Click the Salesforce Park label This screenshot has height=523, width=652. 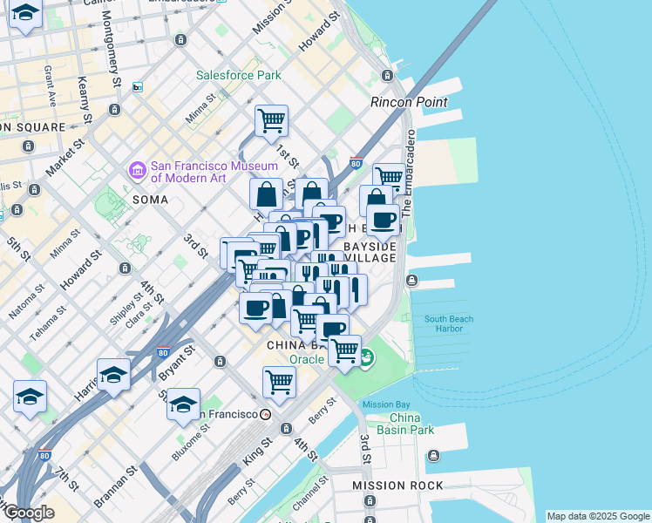click(238, 75)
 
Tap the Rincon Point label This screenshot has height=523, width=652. click(409, 102)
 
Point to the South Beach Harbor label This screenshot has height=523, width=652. click(449, 324)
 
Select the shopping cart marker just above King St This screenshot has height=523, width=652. click(279, 381)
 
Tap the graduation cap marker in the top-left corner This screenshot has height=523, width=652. click(26, 14)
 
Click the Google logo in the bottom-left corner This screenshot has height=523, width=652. click(28, 513)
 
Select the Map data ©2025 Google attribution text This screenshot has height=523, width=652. click(597, 516)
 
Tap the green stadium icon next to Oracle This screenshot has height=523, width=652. click(367, 357)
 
